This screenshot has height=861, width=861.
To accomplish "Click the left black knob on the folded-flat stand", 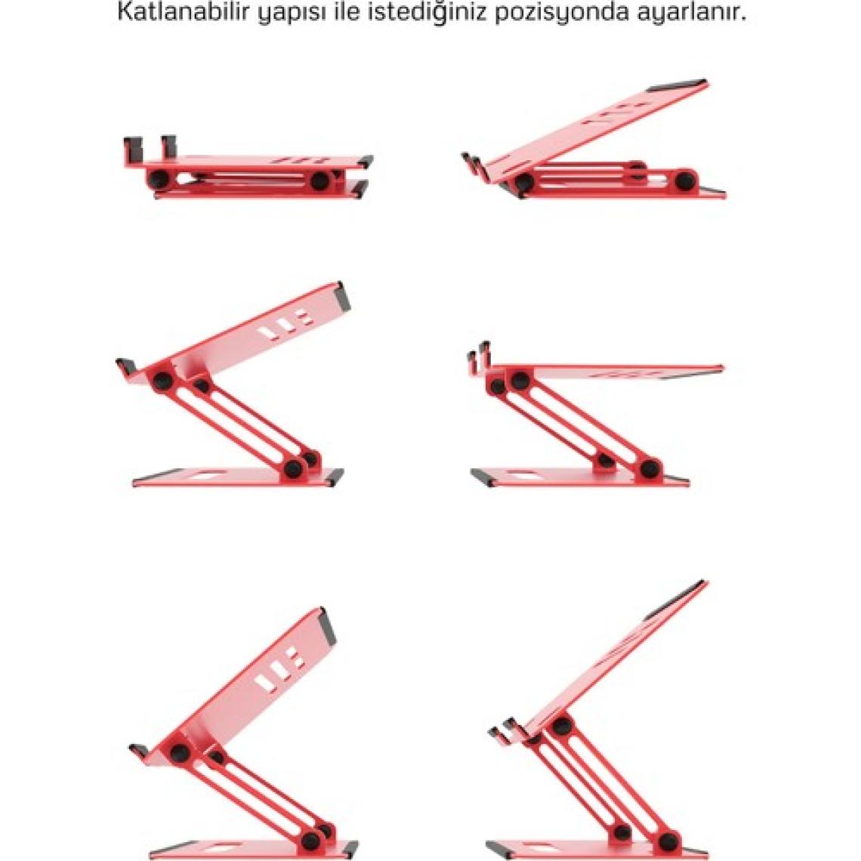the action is click(159, 178).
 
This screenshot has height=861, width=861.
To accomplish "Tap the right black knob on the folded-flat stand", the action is click(319, 181).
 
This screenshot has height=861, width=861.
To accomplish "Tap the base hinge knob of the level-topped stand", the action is click(650, 468).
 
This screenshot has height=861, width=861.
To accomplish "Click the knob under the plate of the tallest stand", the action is click(561, 726).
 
